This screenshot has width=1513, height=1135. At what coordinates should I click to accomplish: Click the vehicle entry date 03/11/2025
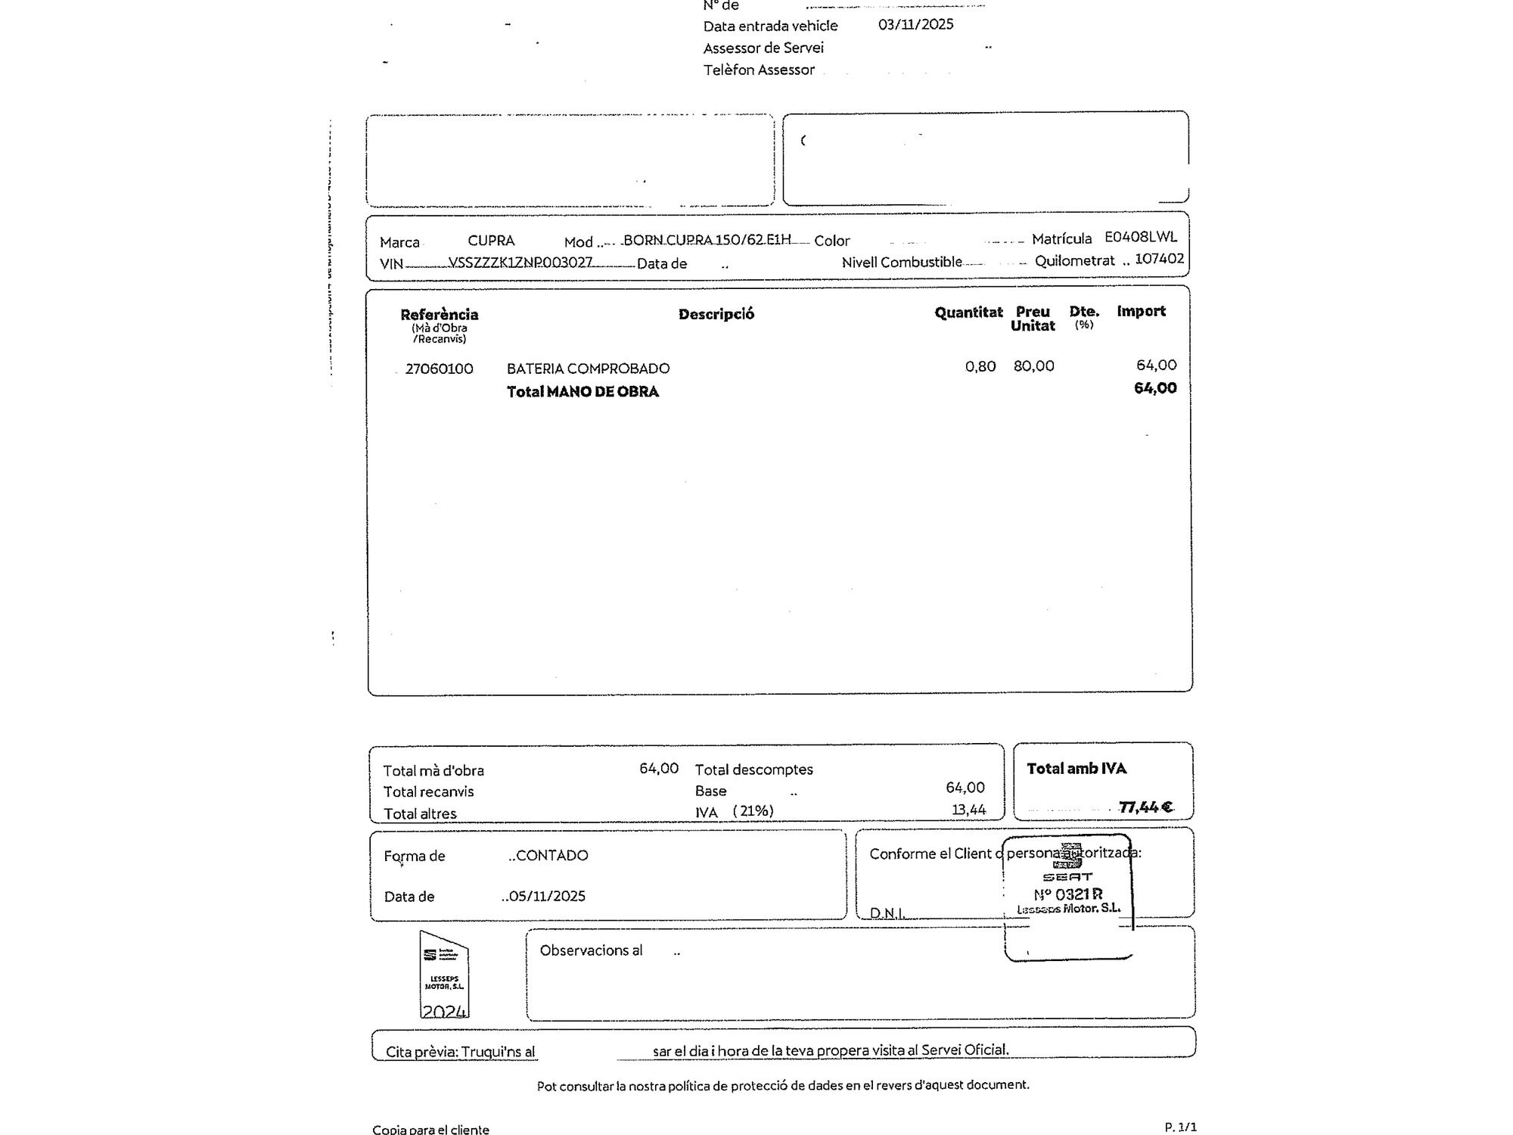pos(915,24)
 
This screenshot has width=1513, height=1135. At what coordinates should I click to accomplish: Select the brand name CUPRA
pos(491,241)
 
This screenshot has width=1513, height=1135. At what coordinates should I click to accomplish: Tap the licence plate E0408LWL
pos(1141,237)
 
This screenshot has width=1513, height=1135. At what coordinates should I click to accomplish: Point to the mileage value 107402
pos(1159,259)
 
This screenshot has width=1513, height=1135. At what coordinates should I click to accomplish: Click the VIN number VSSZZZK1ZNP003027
pos(520,262)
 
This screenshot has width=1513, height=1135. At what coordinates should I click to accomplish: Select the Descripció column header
pos(716,314)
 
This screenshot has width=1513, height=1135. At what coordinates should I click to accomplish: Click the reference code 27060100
pos(439,368)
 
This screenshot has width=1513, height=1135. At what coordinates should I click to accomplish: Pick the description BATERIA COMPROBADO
pos(588,368)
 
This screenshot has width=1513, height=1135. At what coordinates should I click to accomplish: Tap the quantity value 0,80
pos(980,366)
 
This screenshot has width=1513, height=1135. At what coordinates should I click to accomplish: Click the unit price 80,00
pos(1033,366)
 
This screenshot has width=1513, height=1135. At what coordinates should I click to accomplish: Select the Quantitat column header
pos(968,313)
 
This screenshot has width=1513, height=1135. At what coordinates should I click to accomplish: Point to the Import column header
pos(1141,311)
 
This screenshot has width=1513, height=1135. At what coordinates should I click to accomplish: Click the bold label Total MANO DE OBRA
pos(583,392)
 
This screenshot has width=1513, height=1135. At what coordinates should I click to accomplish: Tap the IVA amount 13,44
pos(968,810)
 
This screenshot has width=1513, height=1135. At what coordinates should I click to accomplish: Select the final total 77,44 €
pos(1145,807)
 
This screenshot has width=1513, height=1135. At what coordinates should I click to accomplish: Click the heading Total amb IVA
pos(1076,769)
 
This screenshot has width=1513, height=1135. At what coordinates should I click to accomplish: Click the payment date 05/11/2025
pos(546,896)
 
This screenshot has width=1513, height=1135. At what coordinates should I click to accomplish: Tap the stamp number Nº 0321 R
pos(1067,894)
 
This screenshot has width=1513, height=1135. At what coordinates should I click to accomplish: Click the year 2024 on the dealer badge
pos(444,1011)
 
